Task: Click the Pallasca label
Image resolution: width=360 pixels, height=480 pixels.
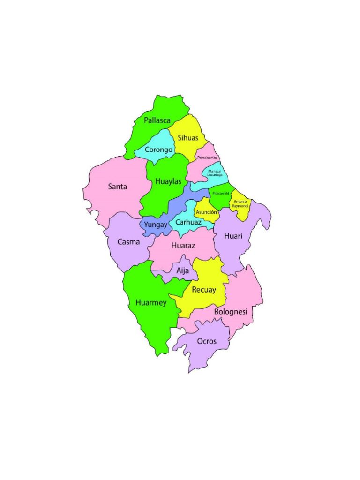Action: click(157, 120)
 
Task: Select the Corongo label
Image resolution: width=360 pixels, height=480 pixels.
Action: click(159, 150)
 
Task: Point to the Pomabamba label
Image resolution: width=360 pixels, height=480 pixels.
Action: click(207, 158)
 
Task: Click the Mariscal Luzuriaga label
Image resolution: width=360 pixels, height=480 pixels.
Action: click(216, 172)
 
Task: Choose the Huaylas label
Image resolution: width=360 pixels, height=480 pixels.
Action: click(168, 181)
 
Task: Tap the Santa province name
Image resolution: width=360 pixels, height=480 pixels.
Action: click(117, 187)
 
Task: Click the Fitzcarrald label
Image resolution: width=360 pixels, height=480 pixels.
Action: click(220, 193)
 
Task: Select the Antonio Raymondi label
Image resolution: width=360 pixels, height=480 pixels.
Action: click(240, 203)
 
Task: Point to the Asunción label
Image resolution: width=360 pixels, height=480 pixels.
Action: click(206, 212)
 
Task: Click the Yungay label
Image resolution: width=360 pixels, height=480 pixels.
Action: click(156, 225)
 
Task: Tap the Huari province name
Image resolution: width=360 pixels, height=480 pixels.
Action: click(233, 235)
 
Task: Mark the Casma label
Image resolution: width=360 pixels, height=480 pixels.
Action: click(129, 242)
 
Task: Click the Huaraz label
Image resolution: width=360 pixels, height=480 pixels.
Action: click(183, 245)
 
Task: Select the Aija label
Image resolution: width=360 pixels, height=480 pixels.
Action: click(182, 270)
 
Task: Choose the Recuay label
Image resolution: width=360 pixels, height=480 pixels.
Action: click(204, 290)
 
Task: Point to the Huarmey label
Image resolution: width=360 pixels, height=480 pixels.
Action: click(151, 303)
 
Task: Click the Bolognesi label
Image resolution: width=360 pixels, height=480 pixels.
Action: click(230, 311)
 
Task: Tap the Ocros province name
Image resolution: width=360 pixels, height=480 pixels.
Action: click(207, 341)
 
